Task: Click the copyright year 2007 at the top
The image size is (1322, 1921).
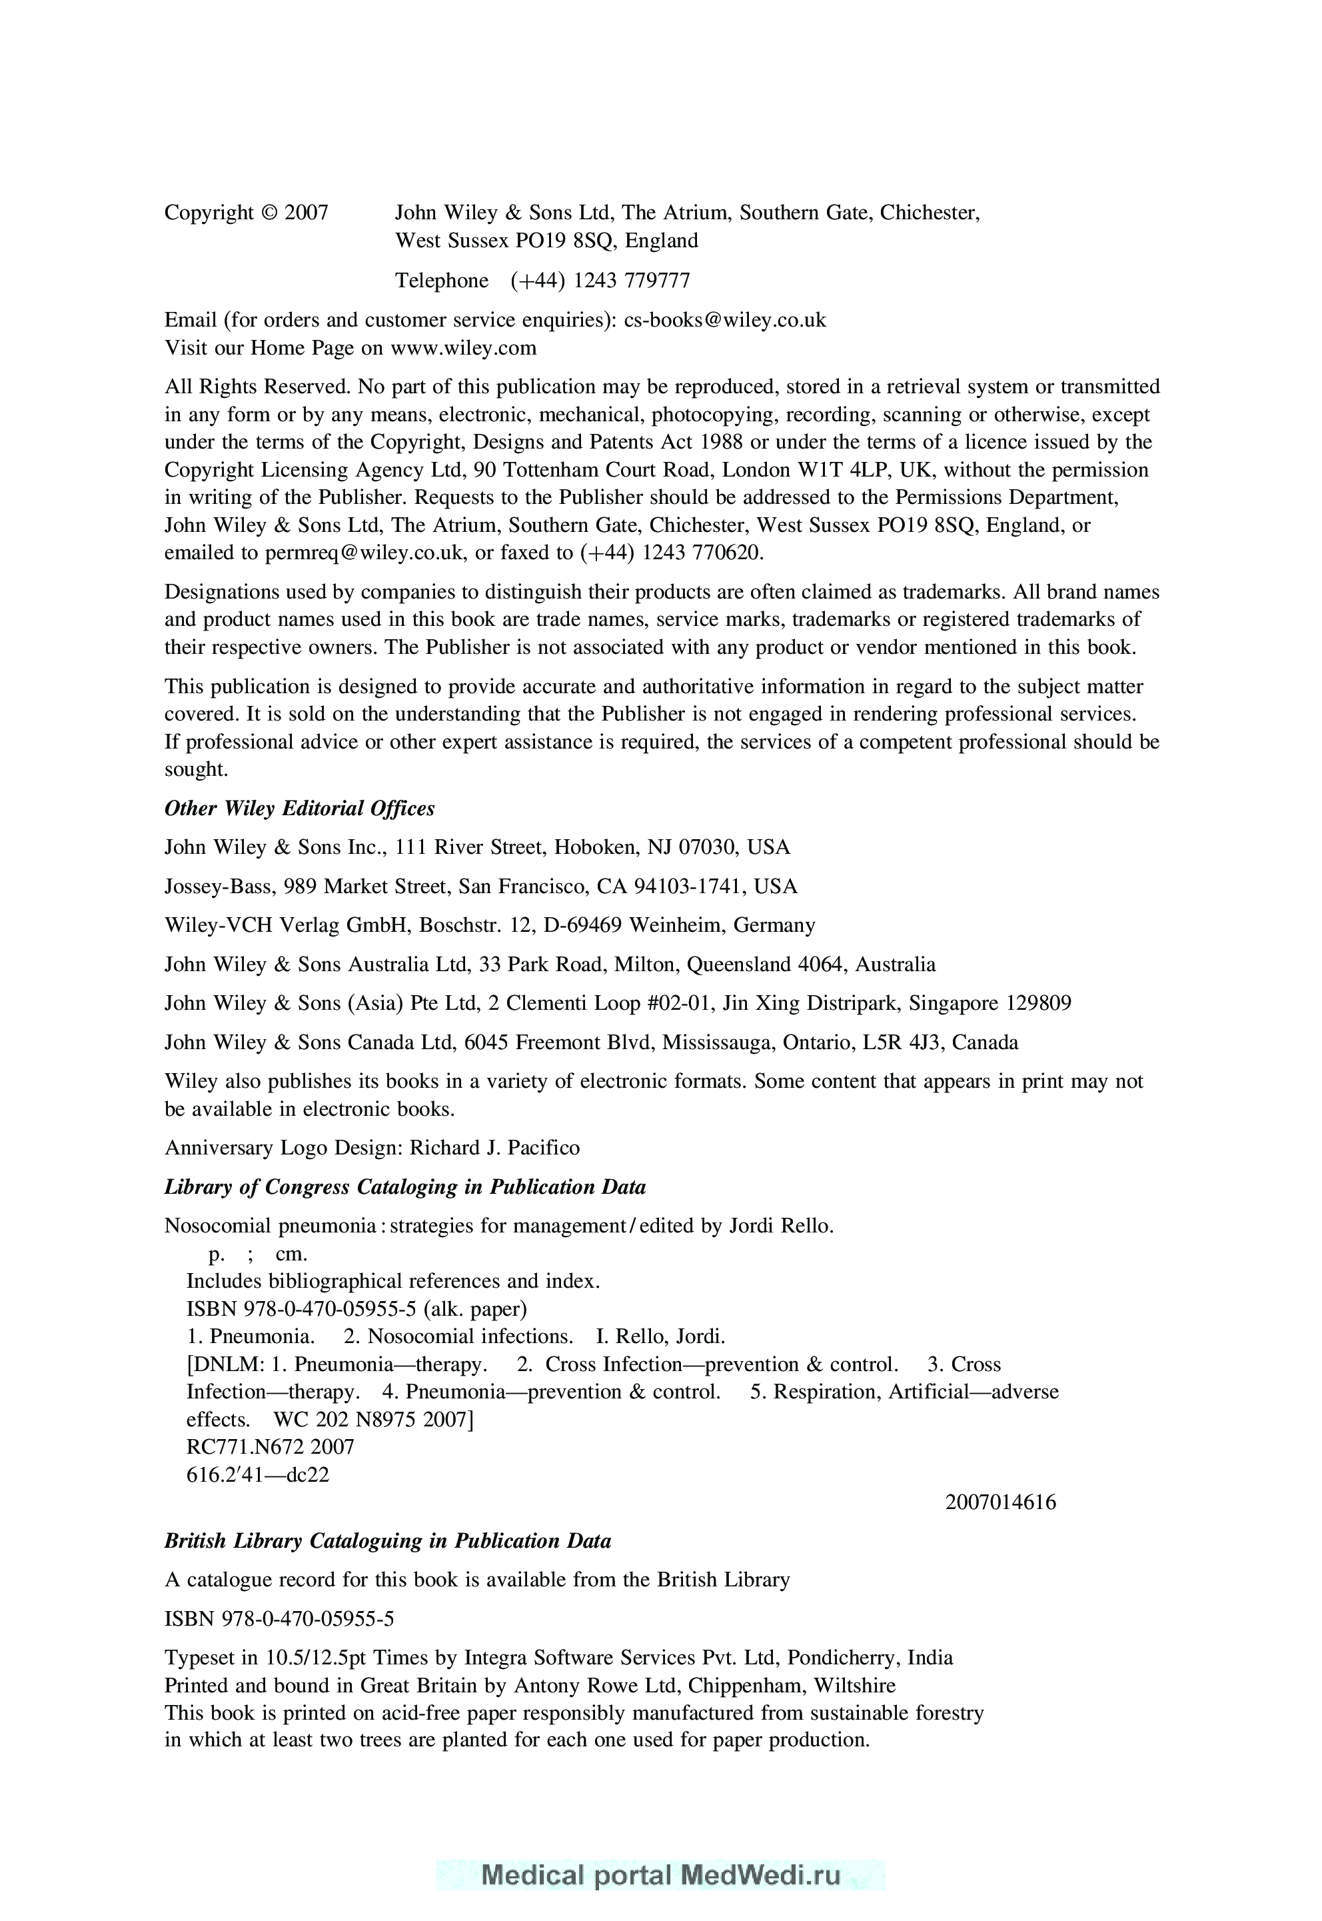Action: tap(307, 213)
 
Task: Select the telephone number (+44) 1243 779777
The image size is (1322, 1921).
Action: tap(600, 281)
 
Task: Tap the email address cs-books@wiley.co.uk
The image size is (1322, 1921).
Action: tap(725, 320)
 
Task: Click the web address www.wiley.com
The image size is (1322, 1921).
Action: tap(463, 348)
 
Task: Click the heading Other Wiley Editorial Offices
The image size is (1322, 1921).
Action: tap(299, 809)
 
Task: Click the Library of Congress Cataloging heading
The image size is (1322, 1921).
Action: tap(404, 1187)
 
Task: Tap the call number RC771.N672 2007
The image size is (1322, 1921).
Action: tap(270, 1447)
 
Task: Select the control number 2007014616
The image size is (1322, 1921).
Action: tap(1001, 1502)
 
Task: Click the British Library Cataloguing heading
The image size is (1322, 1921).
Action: tap(387, 1542)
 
